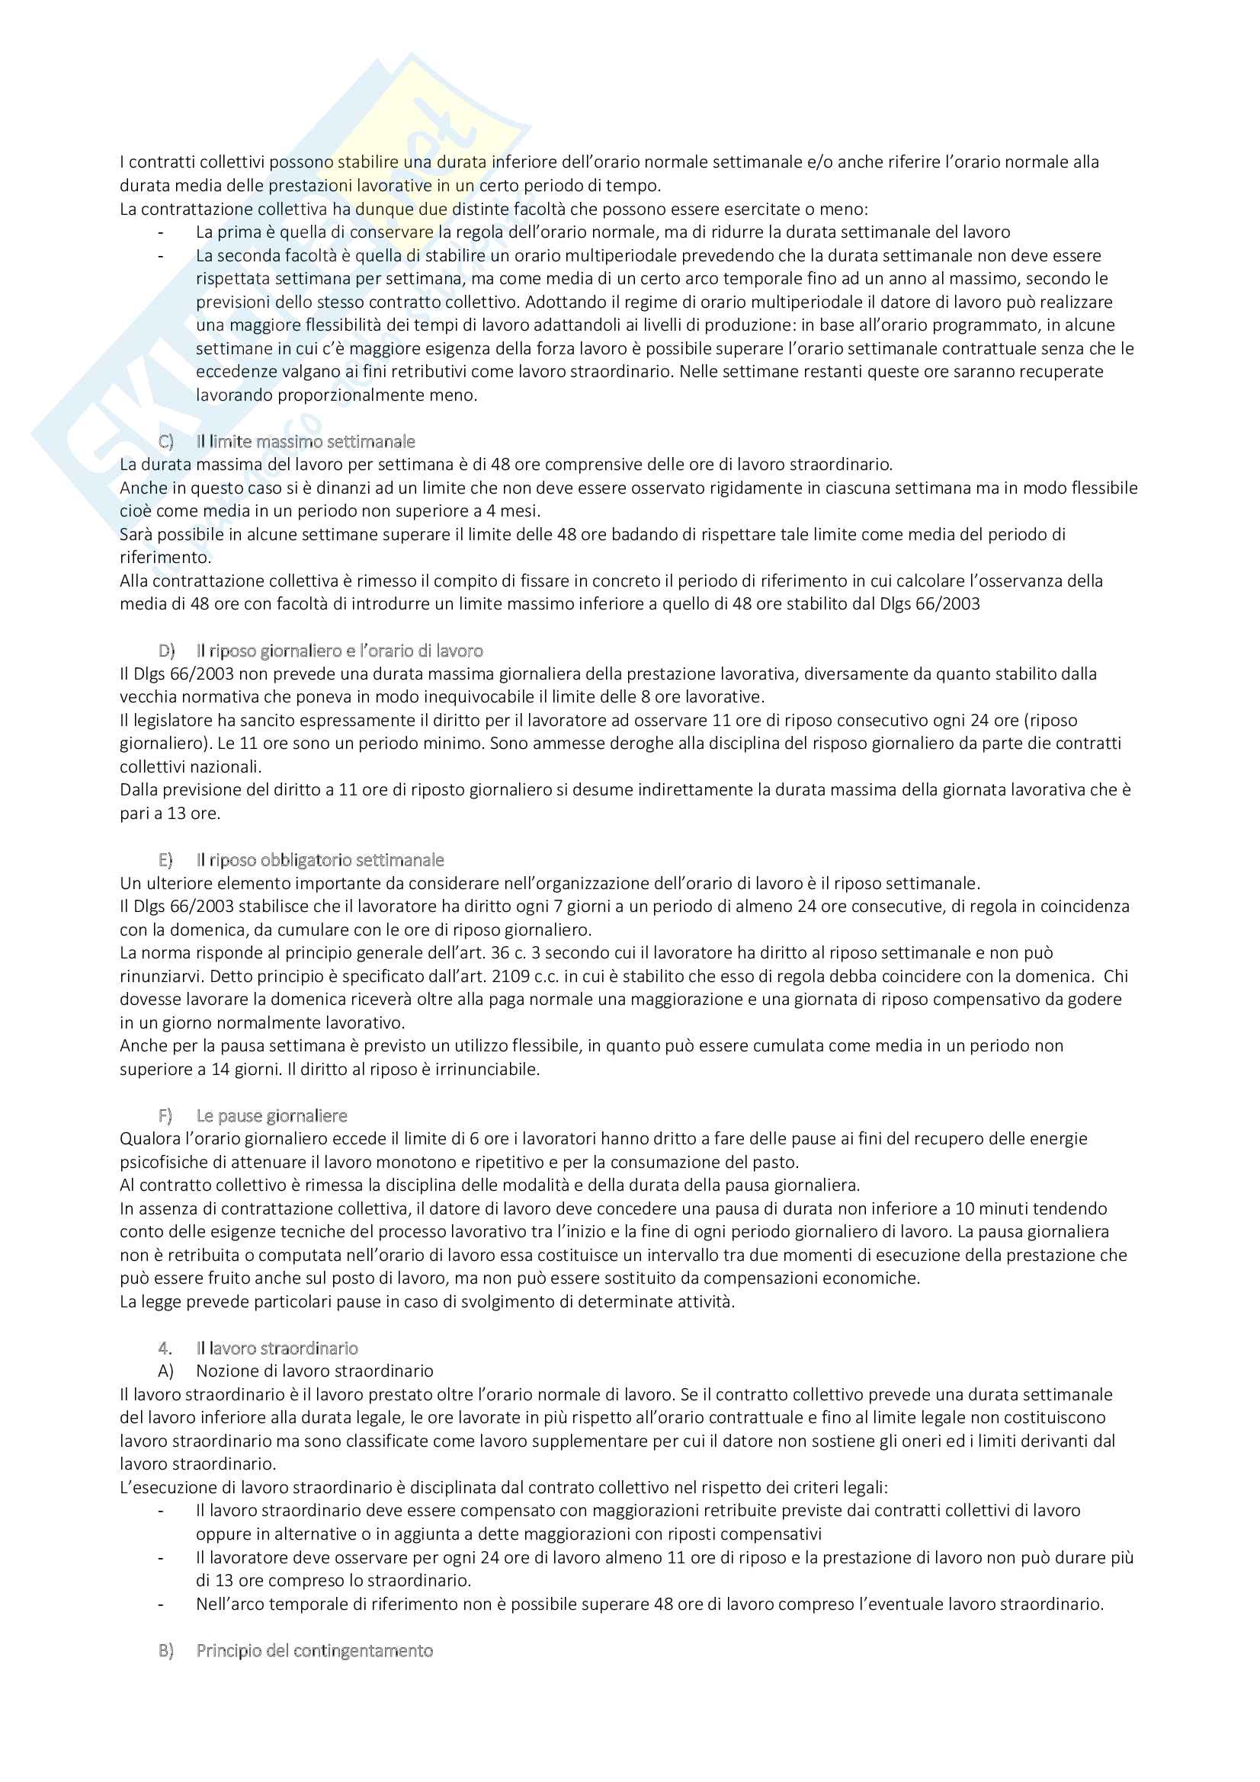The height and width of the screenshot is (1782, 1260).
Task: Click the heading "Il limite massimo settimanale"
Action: click(x=305, y=442)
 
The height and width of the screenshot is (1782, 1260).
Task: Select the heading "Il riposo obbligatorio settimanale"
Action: click(x=320, y=860)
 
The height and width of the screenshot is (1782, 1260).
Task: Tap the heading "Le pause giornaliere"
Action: click(x=271, y=1115)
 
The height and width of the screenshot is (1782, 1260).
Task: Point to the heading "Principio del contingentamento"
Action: click(x=314, y=1651)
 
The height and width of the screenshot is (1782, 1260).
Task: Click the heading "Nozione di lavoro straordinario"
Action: click(x=314, y=1371)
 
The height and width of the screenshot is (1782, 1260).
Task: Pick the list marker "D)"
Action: click(x=166, y=651)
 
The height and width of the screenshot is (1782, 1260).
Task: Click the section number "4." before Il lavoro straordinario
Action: click(x=165, y=1348)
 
